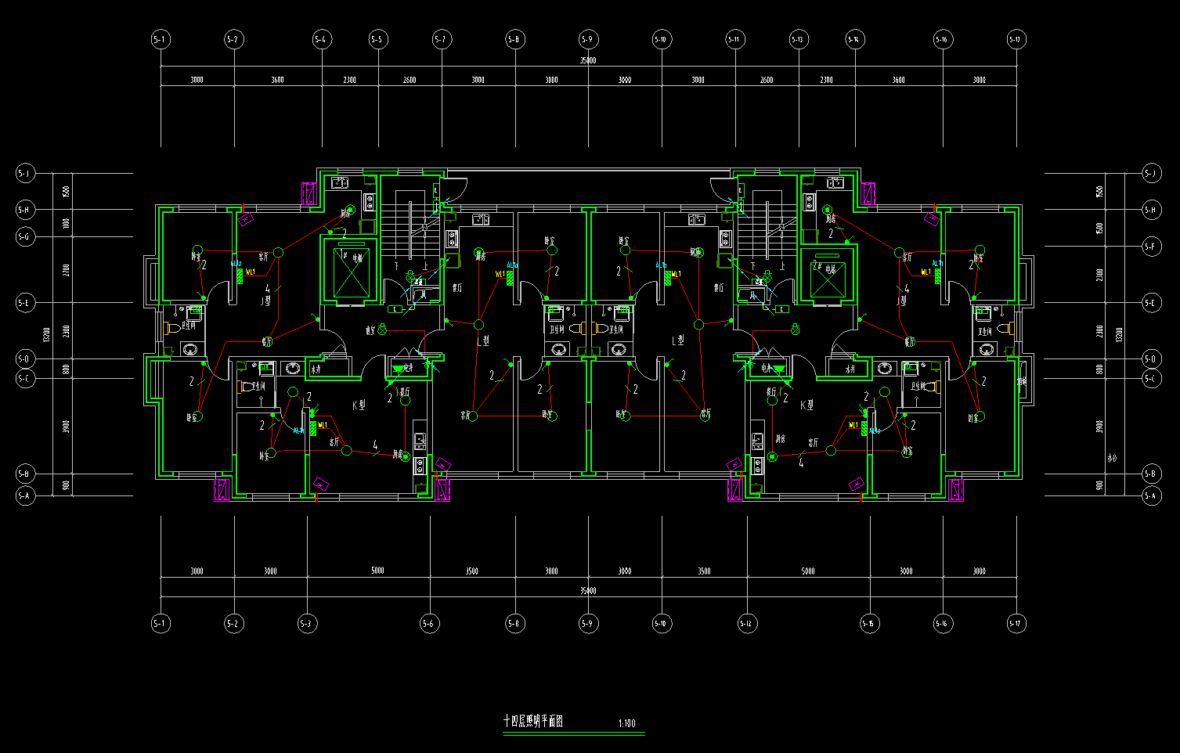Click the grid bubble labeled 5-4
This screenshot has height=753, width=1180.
coord(322,39)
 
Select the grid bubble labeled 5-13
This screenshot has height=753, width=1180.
coord(798,39)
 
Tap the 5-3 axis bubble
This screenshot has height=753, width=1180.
coord(307,624)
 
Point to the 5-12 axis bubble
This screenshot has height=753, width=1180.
coord(745,624)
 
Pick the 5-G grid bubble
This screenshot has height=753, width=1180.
coord(25,236)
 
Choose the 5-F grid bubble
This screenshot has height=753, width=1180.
coord(1150,247)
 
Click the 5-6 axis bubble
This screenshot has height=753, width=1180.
coord(428,624)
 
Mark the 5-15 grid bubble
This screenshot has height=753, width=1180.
coord(869,624)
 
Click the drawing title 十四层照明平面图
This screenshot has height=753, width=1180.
coord(533,722)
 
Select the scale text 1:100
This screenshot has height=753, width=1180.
coord(626,724)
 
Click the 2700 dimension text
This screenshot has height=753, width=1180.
coord(67,270)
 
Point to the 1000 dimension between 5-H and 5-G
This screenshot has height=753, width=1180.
coord(67,223)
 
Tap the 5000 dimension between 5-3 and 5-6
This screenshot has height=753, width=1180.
coord(377,571)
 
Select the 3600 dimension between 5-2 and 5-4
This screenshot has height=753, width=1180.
coord(277,80)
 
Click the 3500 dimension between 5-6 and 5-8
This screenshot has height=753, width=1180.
coord(471,571)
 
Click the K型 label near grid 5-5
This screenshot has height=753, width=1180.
coord(359,405)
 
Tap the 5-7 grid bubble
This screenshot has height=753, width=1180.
coord(441,39)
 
